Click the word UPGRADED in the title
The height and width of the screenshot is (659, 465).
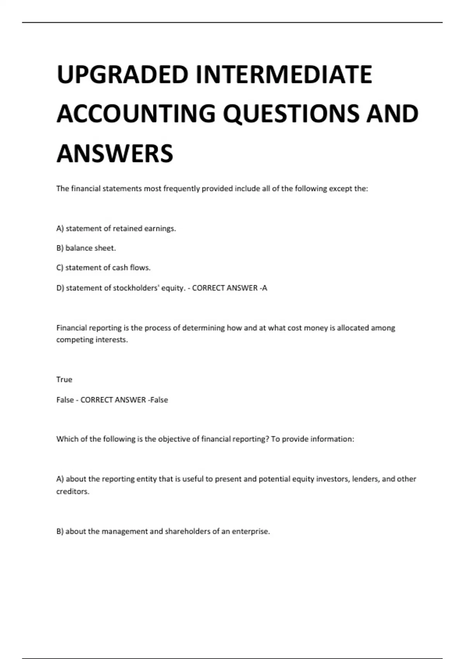[x=122, y=74]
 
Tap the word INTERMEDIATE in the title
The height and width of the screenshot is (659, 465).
[x=284, y=74]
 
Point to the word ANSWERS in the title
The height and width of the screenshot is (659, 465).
[x=115, y=154]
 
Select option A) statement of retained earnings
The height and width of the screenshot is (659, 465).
[x=116, y=229]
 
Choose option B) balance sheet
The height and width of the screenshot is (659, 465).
[x=86, y=248]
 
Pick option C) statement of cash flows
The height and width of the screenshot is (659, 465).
[x=103, y=268]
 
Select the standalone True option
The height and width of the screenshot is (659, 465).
[x=64, y=380]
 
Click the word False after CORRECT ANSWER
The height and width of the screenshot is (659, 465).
[x=159, y=400]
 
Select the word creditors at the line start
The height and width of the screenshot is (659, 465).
[x=72, y=492]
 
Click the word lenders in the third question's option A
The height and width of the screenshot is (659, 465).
[x=365, y=479]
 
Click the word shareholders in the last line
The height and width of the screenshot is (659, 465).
[x=188, y=531]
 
